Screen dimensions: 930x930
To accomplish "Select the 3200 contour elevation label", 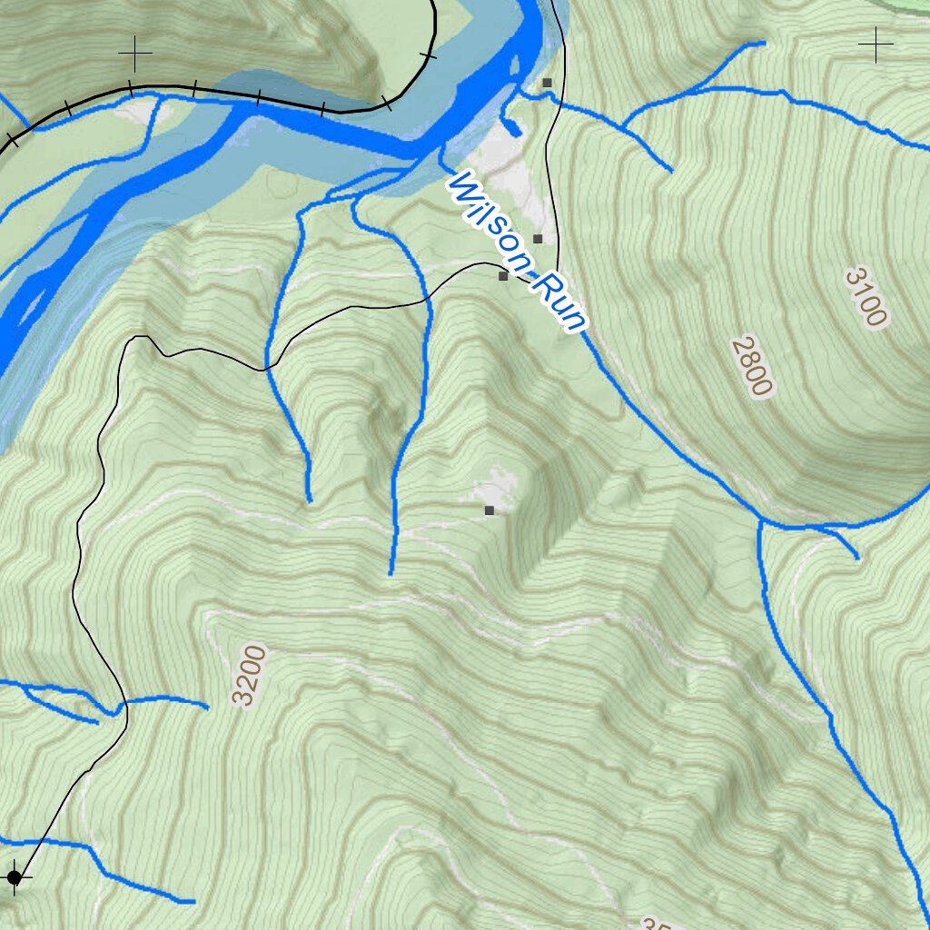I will pos(250,675).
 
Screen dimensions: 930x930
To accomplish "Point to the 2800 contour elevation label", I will pos(752,366).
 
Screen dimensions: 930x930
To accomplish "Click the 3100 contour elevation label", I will pos(865,297).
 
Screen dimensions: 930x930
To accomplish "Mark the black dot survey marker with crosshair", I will pos(14,877).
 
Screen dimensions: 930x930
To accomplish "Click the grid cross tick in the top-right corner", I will pos(876,44).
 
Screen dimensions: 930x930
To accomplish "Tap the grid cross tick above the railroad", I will pos(134,54).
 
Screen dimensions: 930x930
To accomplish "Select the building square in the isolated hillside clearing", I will pos(490,510).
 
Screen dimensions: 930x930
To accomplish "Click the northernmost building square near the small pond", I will pos(547,83).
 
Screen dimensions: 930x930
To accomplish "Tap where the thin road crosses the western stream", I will pos(266,369).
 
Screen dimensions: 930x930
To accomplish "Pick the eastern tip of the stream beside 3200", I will pos(207,706).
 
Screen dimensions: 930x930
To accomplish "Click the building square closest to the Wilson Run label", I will pos(503,275).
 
